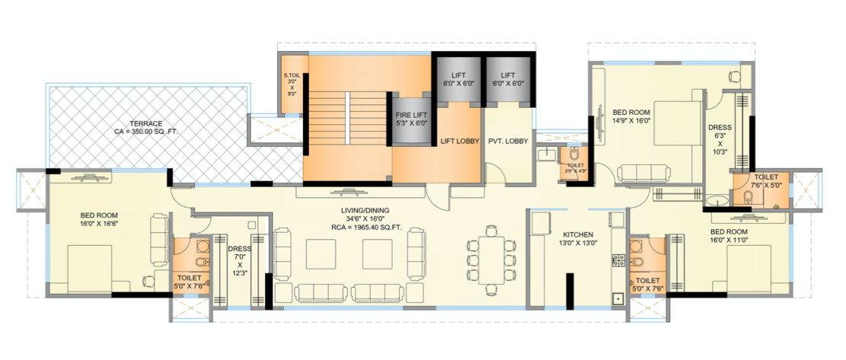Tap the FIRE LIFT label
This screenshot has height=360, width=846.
(411, 114)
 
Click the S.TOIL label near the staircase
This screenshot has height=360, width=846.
(292, 75)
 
